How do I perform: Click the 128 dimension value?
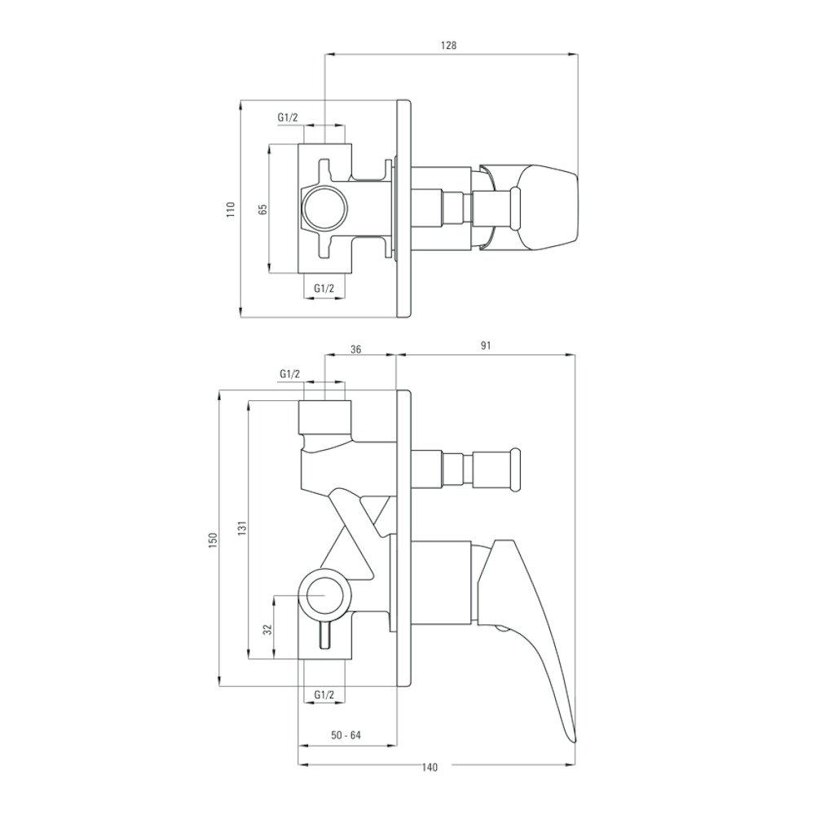click(448, 45)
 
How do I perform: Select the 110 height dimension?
click(231, 209)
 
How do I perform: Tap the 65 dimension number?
click(262, 209)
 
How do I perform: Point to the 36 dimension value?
click(355, 350)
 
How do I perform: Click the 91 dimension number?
click(486, 346)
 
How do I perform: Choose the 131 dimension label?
click(242, 527)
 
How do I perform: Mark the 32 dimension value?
click(267, 629)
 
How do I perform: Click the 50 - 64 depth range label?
click(346, 735)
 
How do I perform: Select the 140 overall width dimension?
click(430, 767)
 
